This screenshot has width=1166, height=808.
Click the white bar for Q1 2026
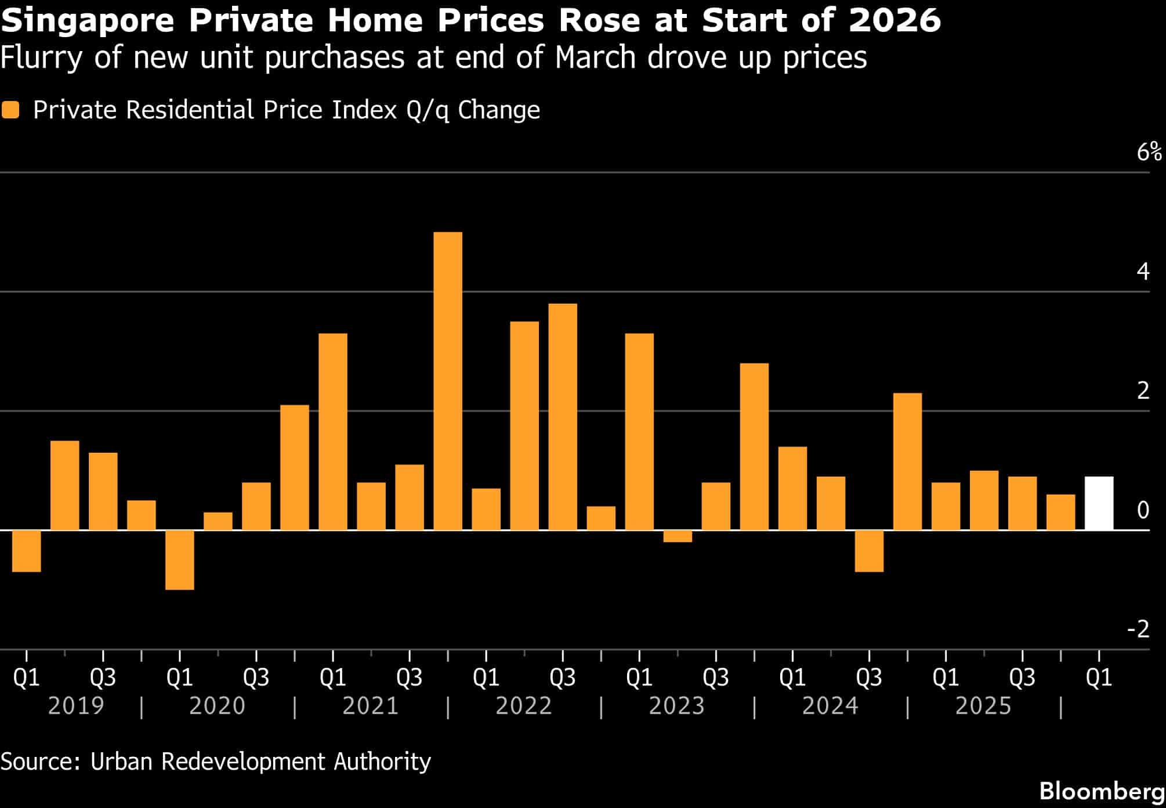coord(1099,503)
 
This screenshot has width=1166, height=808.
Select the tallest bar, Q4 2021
coord(448,381)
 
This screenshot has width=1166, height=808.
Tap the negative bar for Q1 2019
coord(27,551)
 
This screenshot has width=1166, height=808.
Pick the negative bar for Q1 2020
coord(180,560)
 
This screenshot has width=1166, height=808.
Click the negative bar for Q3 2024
coord(869,551)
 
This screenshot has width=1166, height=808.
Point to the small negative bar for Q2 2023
coord(678,536)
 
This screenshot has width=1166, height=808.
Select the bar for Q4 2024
coord(907,461)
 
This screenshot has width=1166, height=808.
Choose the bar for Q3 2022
coord(563,417)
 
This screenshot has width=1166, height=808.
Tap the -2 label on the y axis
coord(1138,629)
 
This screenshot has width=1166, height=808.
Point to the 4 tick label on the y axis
coord(1143,272)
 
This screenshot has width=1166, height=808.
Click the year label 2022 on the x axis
coord(524,706)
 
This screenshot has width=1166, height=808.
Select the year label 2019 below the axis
coord(76,706)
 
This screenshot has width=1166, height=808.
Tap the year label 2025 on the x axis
coord(983,706)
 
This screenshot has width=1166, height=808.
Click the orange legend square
coord(10,110)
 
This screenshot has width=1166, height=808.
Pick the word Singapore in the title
coord(87,21)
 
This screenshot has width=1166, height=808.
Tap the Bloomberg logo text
coord(1102,791)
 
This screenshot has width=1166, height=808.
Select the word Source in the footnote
coord(38,761)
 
